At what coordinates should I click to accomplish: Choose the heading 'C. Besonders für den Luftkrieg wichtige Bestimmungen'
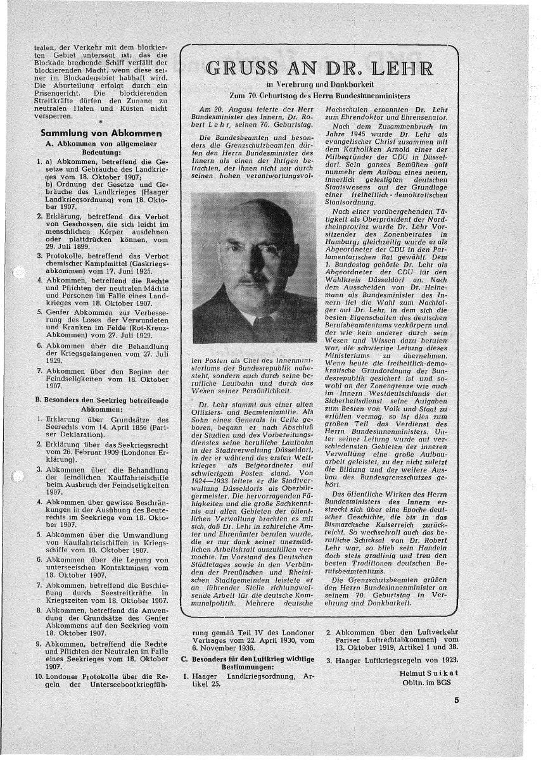248,664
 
